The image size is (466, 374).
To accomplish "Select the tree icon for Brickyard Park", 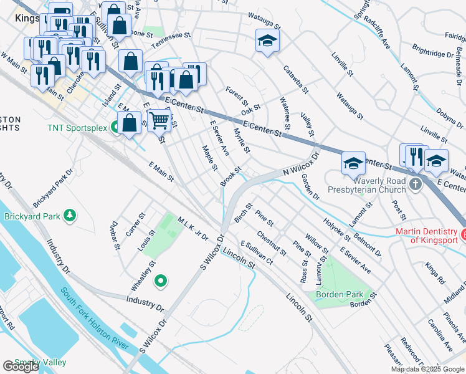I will tap(71, 216).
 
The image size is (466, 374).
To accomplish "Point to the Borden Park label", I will tap(339, 294).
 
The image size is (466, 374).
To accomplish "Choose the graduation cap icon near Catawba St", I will tap(267, 41).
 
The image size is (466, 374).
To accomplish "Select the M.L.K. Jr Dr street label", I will tap(192, 228).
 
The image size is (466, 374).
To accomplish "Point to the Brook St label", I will tap(231, 176).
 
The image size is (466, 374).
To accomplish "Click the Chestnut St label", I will tap(271, 244).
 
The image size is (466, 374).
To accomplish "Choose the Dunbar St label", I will tap(113, 234).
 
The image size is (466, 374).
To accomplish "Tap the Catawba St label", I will tap(296, 79).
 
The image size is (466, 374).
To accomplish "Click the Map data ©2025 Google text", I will tap(427, 369).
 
